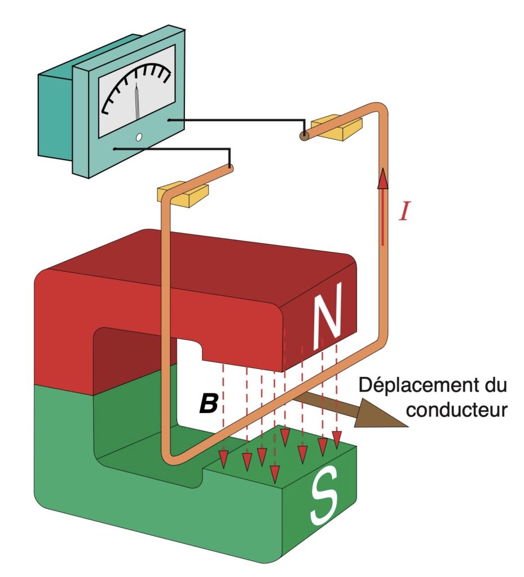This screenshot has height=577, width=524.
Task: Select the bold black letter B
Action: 209,403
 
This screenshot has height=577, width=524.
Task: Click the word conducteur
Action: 457,410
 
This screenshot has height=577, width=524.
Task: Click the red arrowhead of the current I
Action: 384,178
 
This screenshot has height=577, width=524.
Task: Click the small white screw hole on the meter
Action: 139,137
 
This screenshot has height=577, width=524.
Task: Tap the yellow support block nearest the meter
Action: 183,193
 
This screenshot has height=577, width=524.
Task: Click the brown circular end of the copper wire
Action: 304,136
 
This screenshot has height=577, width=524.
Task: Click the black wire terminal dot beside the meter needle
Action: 169,119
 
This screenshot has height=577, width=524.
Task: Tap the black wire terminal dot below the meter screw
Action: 115,149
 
